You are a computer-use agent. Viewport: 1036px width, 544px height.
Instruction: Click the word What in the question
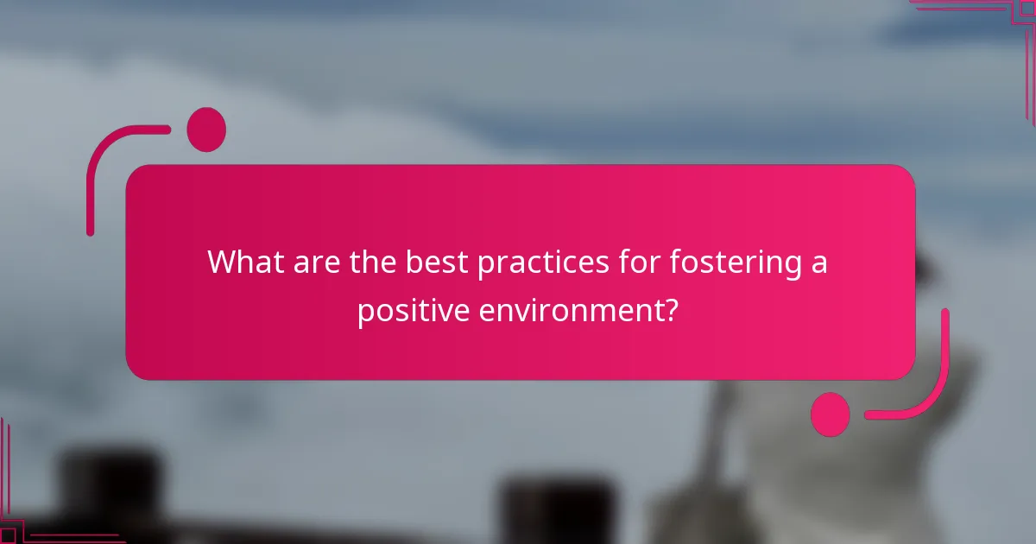click(243, 262)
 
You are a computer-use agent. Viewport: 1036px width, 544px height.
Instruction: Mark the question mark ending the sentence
click(670, 309)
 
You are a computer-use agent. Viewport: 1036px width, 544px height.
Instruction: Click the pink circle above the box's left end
click(206, 130)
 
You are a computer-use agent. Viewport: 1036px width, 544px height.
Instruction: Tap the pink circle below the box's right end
click(831, 414)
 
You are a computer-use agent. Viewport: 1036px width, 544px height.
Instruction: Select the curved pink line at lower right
click(932, 389)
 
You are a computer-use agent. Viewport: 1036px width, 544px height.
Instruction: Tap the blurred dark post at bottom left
click(108, 492)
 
